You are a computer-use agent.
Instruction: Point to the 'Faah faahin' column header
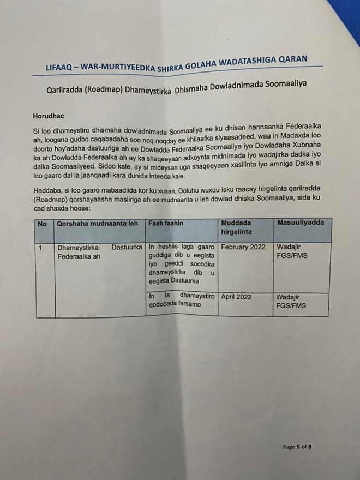tap(165, 224)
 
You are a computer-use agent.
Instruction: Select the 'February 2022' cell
tap(243, 247)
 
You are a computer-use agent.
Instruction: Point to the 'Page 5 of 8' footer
tap(297, 447)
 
